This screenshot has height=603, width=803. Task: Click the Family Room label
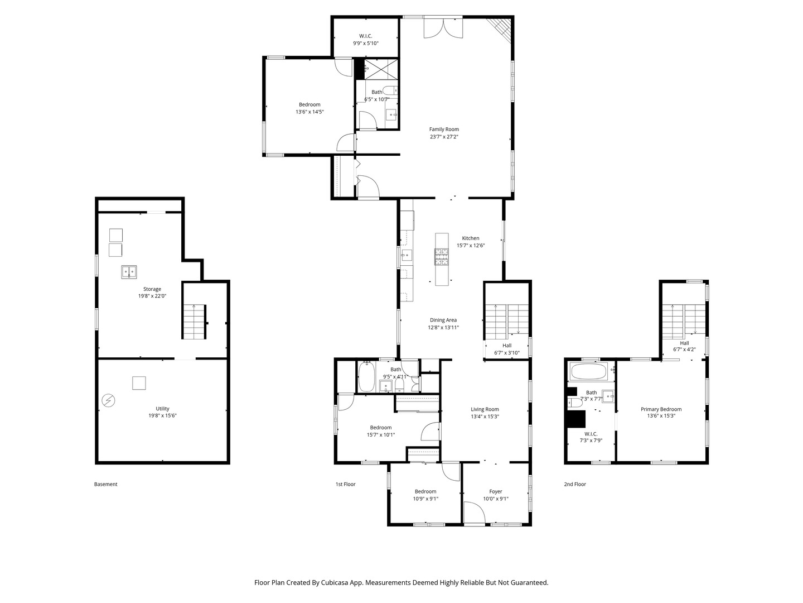tap(444, 129)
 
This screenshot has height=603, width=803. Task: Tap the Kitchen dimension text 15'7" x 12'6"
tap(471, 246)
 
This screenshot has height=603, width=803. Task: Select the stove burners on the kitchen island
tap(441, 256)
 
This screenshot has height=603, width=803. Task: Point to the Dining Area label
tap(443, 320)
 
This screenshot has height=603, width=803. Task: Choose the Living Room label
tap(485, 409)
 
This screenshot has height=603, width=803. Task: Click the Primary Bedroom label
tap(661, 409)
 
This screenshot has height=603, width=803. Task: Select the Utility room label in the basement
tap(162, 409)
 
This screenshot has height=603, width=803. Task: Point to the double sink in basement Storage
tap(129, 272)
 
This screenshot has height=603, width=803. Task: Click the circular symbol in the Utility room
tap(108, 400)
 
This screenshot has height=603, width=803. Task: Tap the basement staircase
tap(195, 322)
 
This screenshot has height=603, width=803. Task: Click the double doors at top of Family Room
tap(443, 28)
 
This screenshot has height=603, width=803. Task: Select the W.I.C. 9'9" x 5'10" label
tap(365, 40)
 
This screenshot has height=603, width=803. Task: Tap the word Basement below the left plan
tap(106, 484)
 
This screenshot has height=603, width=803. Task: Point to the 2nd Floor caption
tap(575, 484)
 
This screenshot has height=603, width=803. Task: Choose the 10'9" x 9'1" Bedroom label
tap(425, 495)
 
